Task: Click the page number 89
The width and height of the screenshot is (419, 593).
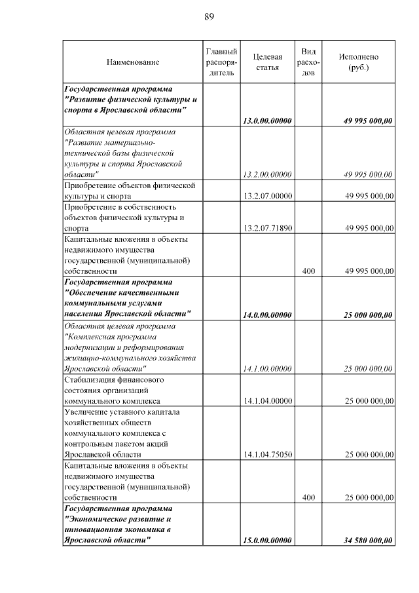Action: point(209,16)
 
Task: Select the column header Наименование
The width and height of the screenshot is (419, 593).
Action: point(133,62)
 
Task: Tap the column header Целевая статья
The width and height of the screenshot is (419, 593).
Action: point(267,62)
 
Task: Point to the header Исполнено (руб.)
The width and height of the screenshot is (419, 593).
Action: point(358,62)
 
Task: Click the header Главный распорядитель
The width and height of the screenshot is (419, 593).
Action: point(221,62)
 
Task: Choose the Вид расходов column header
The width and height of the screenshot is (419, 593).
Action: point(309,62)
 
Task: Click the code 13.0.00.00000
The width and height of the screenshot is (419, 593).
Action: point(267,121)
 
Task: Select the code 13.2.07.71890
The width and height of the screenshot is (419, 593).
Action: point(267,228)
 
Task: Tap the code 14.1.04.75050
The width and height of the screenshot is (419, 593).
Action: point(267,455)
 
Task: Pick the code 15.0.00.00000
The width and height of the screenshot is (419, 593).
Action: point(267,541)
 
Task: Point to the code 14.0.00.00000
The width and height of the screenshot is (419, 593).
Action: point(267,315)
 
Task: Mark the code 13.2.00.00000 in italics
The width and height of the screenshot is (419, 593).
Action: point(267,174)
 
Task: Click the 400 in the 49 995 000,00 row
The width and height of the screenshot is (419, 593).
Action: point(309,271)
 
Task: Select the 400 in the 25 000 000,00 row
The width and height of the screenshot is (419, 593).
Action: point(309,497)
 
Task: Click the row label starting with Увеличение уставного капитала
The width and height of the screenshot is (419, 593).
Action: point(122,411)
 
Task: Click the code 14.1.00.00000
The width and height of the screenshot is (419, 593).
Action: point(267,369)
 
